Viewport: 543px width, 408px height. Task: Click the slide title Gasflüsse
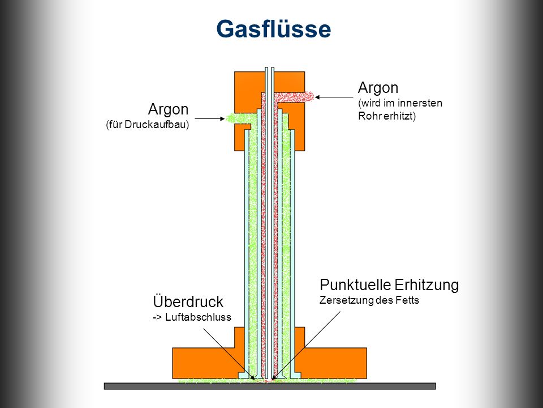point(274,28)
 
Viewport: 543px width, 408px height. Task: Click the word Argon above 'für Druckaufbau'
point(169,110)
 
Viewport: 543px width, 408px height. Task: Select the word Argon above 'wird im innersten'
point(378,88)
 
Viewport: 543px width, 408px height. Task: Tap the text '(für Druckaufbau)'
point(148,125)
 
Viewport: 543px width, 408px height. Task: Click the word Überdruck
point(188,301)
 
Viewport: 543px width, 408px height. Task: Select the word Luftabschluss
point(198,317)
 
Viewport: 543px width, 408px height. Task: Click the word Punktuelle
point(356,285)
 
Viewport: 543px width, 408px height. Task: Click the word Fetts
point(408,300)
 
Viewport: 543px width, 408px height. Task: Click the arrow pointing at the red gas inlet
point(334,97)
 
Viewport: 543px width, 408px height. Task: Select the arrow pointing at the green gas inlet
point(210,118)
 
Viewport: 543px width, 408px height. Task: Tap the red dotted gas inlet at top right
point(294,97)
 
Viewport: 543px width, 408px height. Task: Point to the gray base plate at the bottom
point(270,386)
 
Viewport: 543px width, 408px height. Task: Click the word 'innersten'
point(420,103)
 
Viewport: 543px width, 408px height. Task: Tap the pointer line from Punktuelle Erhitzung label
point(307,346)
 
